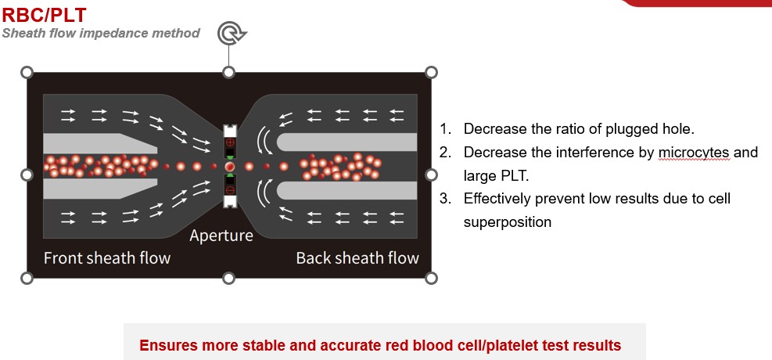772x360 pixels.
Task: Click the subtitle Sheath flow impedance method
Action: (101, 33)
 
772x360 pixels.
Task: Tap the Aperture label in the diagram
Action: (221, 236)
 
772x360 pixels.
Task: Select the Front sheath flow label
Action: (107, 258)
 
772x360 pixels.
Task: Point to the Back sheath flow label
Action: (357, 258)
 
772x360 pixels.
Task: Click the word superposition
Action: (508, 221)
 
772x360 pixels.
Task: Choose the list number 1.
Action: (444, 128)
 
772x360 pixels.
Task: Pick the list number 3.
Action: (444, 198)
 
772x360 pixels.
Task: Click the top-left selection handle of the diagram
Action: (27, 72)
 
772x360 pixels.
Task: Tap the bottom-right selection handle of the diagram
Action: (431, 278)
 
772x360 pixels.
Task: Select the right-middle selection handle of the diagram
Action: (431, 175)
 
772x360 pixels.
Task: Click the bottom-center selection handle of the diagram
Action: (229, 278)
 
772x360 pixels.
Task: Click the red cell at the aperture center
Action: (230, 167)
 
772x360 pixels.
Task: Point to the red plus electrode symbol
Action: (230, 145)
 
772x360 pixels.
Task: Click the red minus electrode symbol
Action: (230, 190)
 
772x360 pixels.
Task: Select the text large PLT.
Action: (495, 175)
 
